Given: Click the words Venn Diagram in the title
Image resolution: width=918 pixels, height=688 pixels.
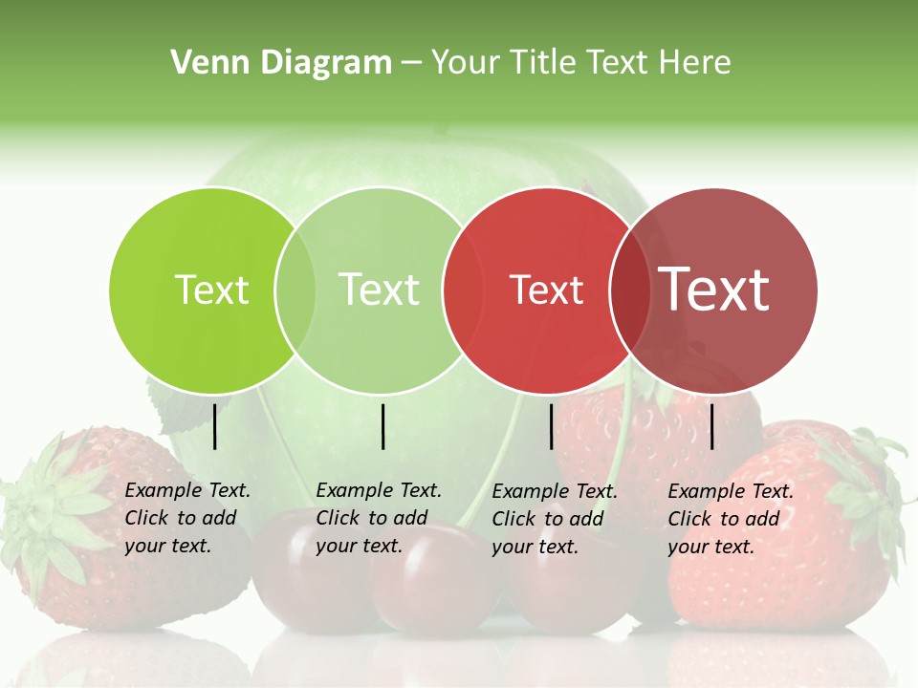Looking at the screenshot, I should click(281, 63).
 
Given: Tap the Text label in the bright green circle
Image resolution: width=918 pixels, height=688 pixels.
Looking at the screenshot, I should click(211, 290).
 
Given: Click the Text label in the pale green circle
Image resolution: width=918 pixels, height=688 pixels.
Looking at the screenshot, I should click(379, 290).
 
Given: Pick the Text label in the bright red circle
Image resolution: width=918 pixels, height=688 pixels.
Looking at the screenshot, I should click(546, 290).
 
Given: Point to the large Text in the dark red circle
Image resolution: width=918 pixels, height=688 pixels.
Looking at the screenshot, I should click(714, 290).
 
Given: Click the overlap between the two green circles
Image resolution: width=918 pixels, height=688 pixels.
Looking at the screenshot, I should click(295, 290).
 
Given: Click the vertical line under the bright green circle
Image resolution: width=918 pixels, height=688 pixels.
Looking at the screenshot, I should click(215, 426).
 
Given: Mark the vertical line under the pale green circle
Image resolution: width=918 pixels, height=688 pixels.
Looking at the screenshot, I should click(382, 426).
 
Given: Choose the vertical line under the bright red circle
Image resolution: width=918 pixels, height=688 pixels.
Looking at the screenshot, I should click(552, 426).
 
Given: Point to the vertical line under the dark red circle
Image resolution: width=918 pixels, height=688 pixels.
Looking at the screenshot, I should click(712, 426).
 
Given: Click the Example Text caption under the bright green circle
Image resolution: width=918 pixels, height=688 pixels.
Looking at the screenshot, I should click(186, 518).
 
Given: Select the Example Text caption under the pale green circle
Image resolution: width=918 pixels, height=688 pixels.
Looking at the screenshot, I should click(378, 518).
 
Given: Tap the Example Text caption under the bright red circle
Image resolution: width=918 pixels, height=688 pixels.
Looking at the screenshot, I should click(554, 519).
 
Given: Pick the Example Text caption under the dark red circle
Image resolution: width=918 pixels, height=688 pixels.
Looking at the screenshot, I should click(730, 519).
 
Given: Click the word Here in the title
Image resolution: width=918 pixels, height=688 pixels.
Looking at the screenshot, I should click(700, 63).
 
